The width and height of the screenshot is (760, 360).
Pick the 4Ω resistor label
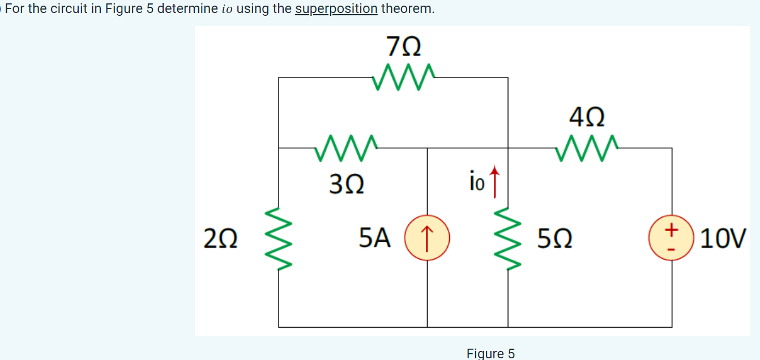587,118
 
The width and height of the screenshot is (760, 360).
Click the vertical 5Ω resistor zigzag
508,238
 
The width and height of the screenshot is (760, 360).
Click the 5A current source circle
428,238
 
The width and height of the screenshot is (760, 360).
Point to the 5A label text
375,238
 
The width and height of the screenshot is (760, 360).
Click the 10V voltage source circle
672,238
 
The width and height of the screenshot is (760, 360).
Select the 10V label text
724,239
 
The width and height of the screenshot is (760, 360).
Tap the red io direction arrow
496,181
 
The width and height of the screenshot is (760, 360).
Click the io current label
477,182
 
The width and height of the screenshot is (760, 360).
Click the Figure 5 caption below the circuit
490,353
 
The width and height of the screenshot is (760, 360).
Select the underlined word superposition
336,9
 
